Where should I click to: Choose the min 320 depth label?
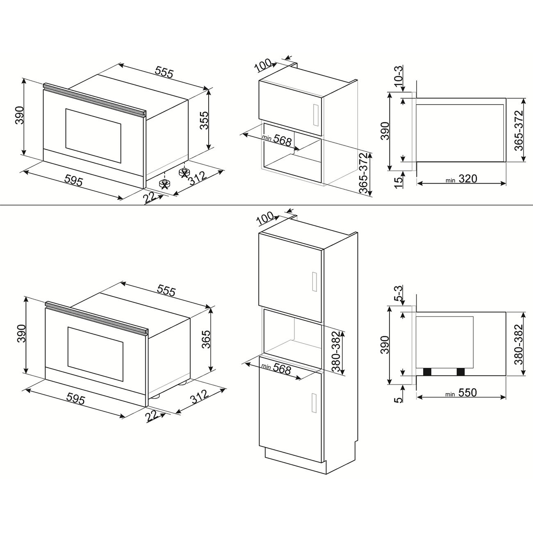coord(461,179)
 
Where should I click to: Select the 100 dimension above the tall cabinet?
coord(266,219)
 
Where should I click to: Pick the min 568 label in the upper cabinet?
coord(276,140)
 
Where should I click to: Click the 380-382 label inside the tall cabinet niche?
coord(337,351)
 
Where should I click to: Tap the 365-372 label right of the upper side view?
coord(519,130)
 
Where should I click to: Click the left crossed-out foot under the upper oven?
coord(164,184)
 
